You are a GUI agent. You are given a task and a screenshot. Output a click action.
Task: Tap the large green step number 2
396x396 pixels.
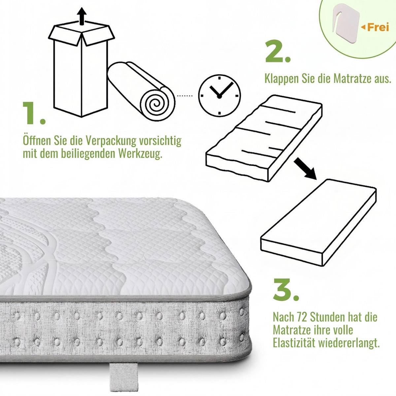point(278,51)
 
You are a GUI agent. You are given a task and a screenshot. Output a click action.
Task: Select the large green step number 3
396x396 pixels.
point(286,289)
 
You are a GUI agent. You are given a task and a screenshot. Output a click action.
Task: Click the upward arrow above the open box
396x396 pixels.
point(82,16)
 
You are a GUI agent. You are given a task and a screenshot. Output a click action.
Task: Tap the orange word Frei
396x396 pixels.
point(378,27)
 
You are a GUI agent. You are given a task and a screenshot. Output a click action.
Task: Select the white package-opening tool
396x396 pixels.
point(346,23)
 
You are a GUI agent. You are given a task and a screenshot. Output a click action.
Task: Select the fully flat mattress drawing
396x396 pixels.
point(318,222)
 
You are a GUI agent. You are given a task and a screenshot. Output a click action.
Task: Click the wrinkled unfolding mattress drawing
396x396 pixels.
point(264,138)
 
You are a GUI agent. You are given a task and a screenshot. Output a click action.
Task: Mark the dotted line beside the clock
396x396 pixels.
point(185,96)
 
